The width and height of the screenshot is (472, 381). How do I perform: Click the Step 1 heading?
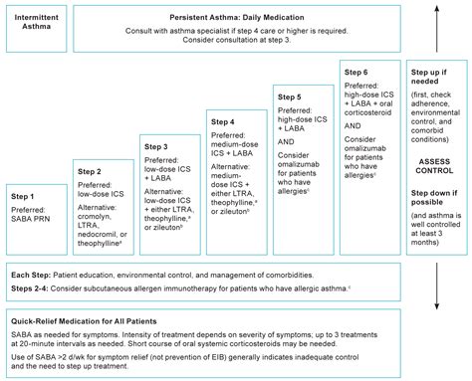(x=24, y=196)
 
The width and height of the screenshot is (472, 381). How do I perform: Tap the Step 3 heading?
(x=155, y=146)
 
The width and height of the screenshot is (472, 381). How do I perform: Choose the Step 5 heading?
(x=290, y=97)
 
